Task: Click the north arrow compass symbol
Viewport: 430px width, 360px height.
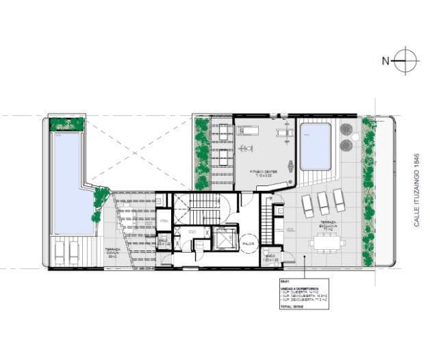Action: click(407, 60)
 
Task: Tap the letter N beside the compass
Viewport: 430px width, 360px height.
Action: click(385, 61)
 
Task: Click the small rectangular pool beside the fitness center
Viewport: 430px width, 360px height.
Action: click(316, 146)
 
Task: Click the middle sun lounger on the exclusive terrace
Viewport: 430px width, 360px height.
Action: click(323, 203)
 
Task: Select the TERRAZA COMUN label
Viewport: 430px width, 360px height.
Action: click(114, 251)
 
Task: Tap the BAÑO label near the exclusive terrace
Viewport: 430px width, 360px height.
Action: click(271, 257)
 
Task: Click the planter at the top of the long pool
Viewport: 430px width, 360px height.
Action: click(67, 125)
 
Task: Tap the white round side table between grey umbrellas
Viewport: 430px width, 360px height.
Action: click(346, 136)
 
